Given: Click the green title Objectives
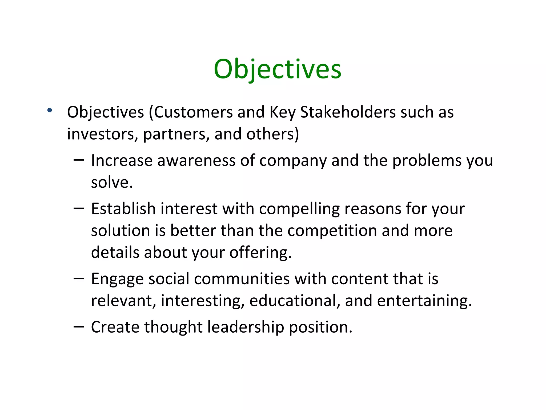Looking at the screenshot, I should (277, 69).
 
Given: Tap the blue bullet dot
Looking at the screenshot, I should (49, 110).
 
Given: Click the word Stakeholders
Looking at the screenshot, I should (348, 112).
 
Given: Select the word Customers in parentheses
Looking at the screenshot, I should (193, 112).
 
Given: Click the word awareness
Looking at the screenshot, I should (196, 161).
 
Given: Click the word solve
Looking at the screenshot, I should (111, 183).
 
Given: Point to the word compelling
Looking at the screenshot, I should (299, 209).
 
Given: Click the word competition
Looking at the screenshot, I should (332, 231).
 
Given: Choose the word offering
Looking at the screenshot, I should (260, 253).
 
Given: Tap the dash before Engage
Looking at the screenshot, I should (79, 278).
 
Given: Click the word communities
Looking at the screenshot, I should (242, 279).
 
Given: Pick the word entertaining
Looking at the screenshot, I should (424, 301).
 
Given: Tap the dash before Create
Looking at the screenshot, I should (79, 326).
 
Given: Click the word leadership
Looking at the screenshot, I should (246, 327).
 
